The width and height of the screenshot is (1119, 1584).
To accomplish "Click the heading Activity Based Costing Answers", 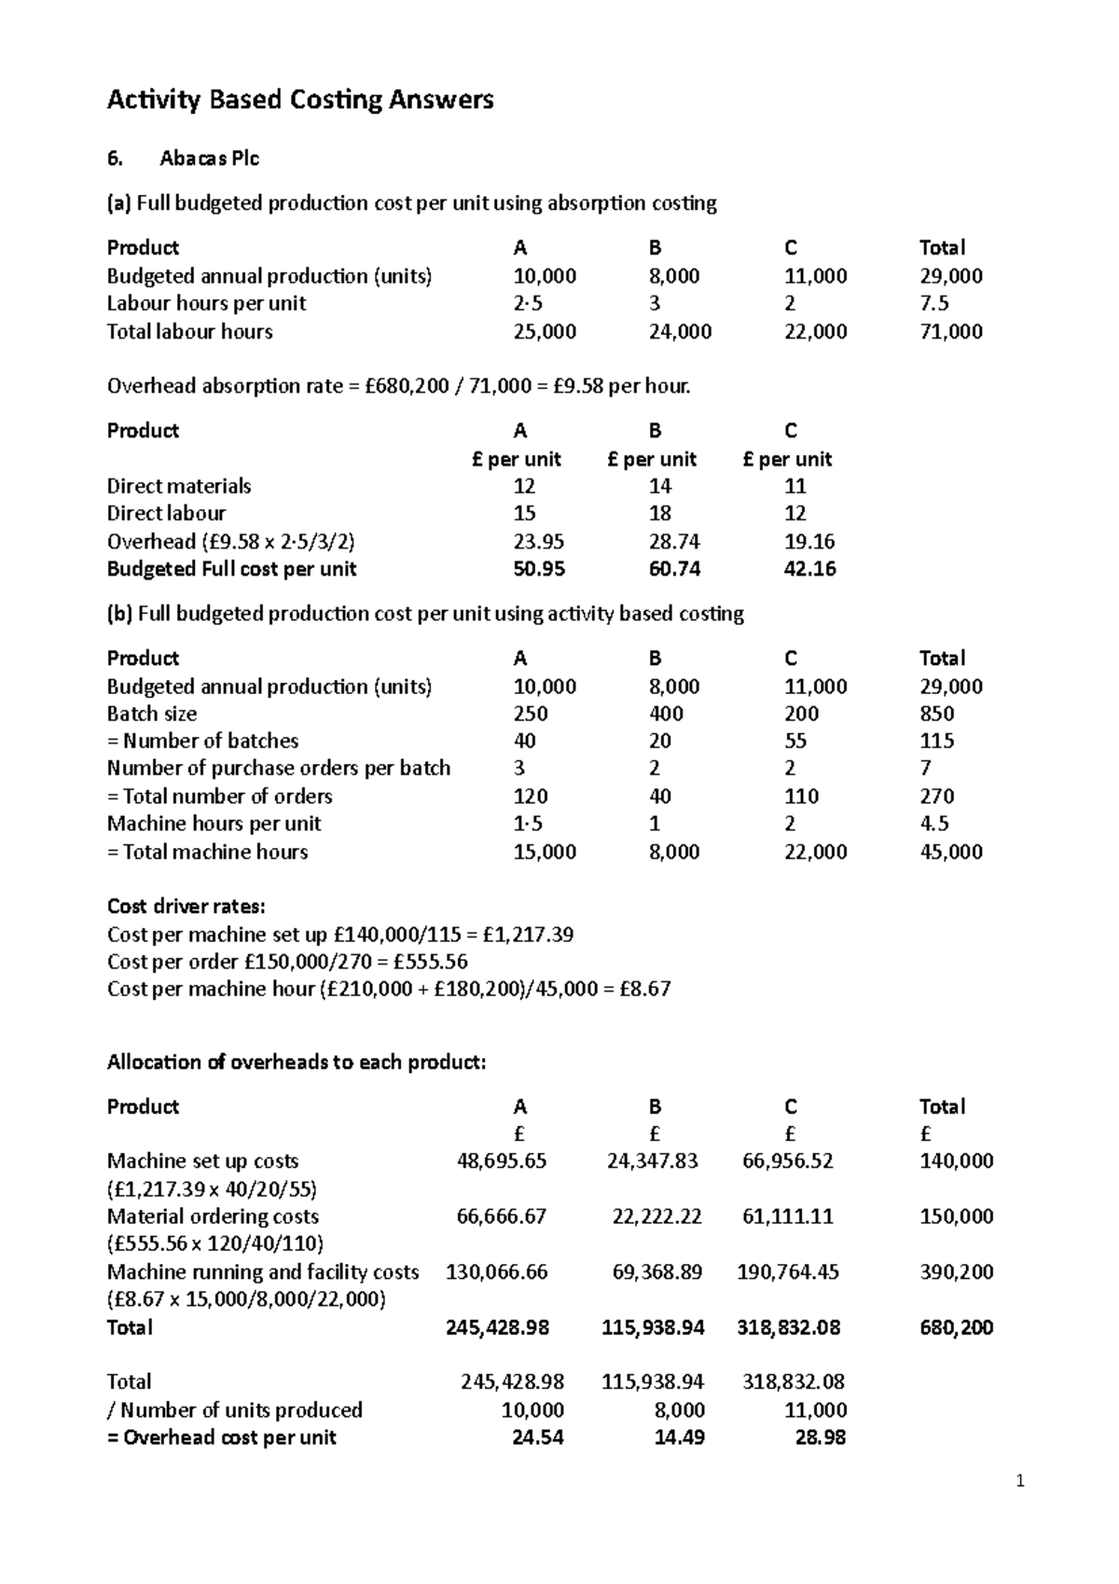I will pyautogui.click(x=300, y=100).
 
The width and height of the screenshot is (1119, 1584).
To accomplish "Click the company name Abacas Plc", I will pyautogui.click(x=209, y=159).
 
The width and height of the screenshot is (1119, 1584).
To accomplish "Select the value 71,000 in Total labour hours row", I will pyautogui.click(x=950, y=331).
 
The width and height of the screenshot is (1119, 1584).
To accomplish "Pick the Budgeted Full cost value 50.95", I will pyautogui.click(x=539, y=569).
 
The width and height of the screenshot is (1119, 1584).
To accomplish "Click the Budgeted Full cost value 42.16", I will pyautogui.click(x=809, y=569).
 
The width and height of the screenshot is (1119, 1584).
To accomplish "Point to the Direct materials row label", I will pyautogui.click(x=179, y=486).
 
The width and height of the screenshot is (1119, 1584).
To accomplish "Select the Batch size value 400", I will pyautogui.click(x=666, y=714).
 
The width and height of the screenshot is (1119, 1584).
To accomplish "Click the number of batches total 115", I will pyautogui.click(x=936, y=741).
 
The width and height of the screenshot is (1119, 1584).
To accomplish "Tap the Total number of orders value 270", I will pyautogui.click(x=936, y=796).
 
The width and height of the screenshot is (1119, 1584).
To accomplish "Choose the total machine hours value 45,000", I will pyautogui.click(x=950, y=852).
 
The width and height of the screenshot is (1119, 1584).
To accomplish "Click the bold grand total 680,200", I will pyautogui.click(x=956, y=1327).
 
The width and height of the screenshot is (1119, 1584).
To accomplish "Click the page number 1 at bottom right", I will pyautogui.click(x=1020, y=1481).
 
